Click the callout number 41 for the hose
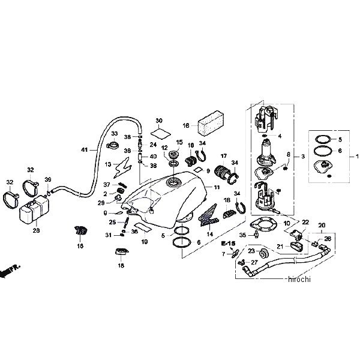[84, 148]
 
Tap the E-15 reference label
[227, 244]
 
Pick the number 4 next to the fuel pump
[280, 136]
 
